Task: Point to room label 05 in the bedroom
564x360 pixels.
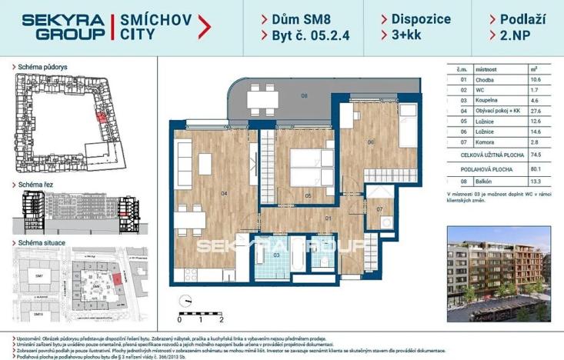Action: pyautogui.click(x=307, y=196)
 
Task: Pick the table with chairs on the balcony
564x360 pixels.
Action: pyautogui.click(x=262, y=98)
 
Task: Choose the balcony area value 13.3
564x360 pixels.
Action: pyautogui.click(x=533, y=182)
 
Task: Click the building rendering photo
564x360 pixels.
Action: pyautogui.click(x=499, y=273)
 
